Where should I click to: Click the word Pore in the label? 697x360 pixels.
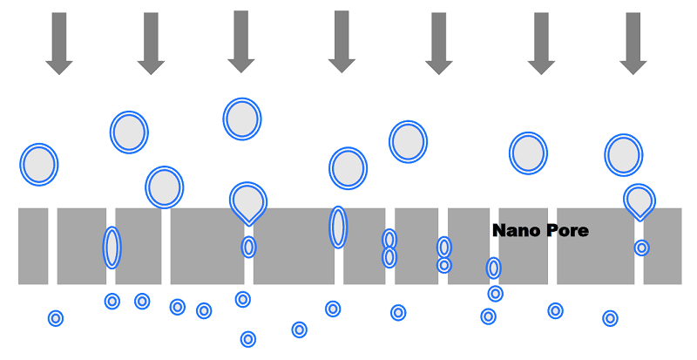(x=567, y=231)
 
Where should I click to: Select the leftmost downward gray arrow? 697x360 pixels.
(x=58, y=43)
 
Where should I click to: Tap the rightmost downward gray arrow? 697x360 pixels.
(x=633, y=43)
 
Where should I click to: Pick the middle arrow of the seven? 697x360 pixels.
(x=342, y=43)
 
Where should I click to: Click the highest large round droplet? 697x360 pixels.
(x=242, y=119)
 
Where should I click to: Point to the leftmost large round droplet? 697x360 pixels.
(x=38, y=165)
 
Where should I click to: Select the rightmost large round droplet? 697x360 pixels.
(x=623, y=154)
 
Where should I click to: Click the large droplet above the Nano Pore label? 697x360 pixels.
(x=528, y=153)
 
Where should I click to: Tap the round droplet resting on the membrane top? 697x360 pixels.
(x=165, y=187)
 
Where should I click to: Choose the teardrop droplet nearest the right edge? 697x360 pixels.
(x=640, y=200)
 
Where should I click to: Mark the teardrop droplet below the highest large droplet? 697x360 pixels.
(x=248, y=200)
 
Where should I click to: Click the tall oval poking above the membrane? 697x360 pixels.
(x=338, y=227)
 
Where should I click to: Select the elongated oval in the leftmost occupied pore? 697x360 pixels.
(x=112, y=247)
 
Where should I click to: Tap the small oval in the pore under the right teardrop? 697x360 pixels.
(x=641, y=248)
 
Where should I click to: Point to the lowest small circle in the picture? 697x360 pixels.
(x=248, y=339)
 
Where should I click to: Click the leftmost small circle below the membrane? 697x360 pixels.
(x=56, y=318)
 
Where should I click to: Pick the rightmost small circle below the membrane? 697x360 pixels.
(x=610, y=318)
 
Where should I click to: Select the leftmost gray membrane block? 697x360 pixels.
(x=33, y=246)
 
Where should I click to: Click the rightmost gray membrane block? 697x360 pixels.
(x=663, y=246)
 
